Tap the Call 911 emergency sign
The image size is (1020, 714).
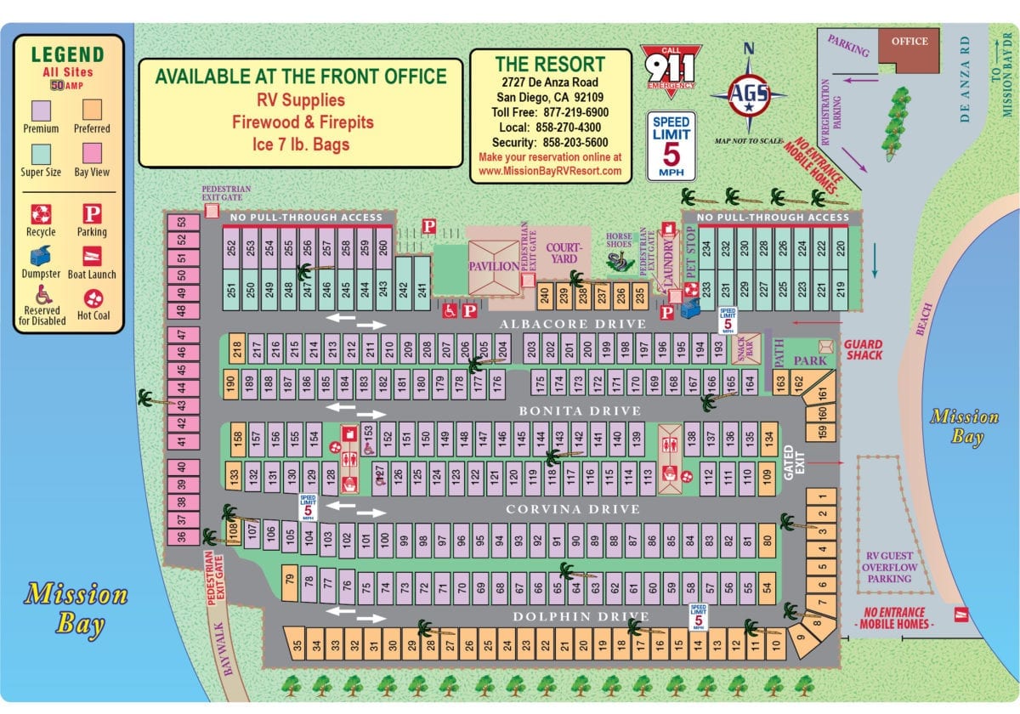pyautogui.click(x=671, y=68)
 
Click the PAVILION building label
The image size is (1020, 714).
pyautogui.click(x=493, y=266)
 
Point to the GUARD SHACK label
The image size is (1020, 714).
pyautogui.click(x=864, y=349)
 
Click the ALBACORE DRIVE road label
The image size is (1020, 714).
pyautogui.click(x=573, y=324)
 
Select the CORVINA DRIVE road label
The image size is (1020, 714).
pyautogui.click(x=573, y=509)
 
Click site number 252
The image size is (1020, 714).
pyautogui.click(x=232, y=247)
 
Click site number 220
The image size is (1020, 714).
pyautogui.click(x=840, y=247)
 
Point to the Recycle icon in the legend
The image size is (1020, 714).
pyautogui.click(x=41, y=213)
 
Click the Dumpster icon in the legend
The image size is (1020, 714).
pyautogui.click(x=41, y=255)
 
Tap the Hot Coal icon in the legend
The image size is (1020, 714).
pyautogui.click(x=92, y=297)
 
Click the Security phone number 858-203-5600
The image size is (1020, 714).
pyautogui.click(x=550, y=143)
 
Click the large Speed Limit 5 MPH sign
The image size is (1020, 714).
pyautogui.click(x=672, y=145)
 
